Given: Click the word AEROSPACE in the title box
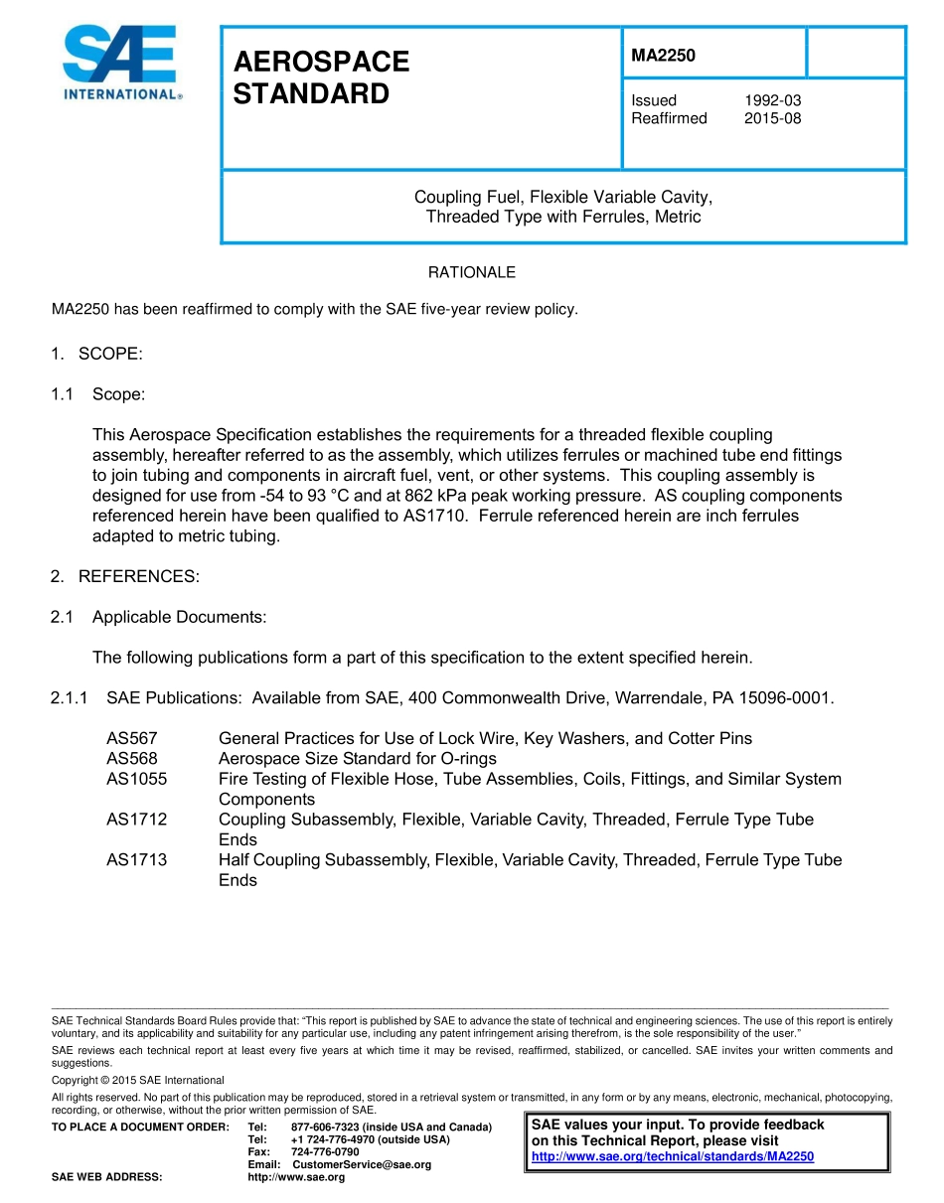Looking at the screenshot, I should tap(321, 62).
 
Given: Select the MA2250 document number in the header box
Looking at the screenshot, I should tap(663, 56).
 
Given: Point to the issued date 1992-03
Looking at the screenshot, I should tap(772, 100).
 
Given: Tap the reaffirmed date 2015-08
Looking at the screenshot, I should tap(772, 118).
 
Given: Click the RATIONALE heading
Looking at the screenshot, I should tap(471, 272).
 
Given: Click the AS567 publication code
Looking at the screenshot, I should tap(132, 738).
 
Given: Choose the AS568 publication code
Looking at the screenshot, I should tap(132, 759).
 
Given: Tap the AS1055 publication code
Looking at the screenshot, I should tap(136, 779).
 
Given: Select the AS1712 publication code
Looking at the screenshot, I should tap(136, 820).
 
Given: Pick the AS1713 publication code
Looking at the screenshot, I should tap(136, 859).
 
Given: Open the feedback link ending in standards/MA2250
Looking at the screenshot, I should tap(673, 1156).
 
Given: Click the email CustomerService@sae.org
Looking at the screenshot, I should tap(362, 1164).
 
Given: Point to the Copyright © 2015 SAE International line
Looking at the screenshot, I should tap(138, 1080).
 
